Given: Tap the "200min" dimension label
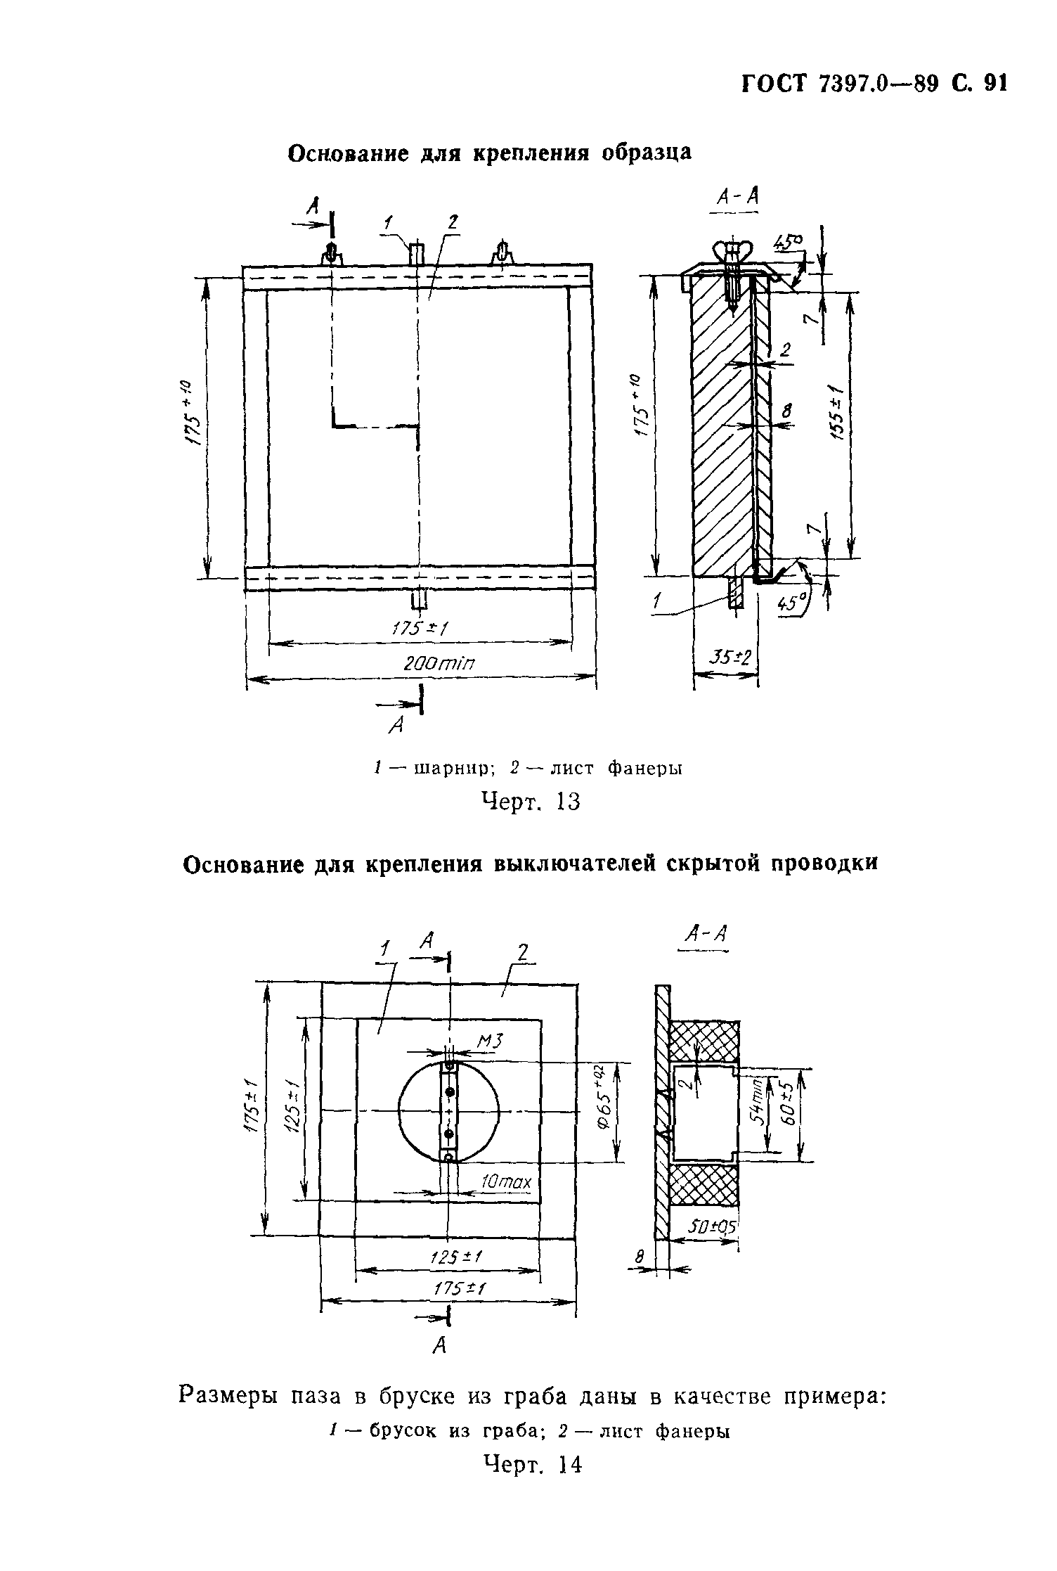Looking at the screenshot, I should click(440, 663).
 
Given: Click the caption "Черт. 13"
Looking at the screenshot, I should click(531, 801).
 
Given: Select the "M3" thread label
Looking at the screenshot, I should click(491, 1041).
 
